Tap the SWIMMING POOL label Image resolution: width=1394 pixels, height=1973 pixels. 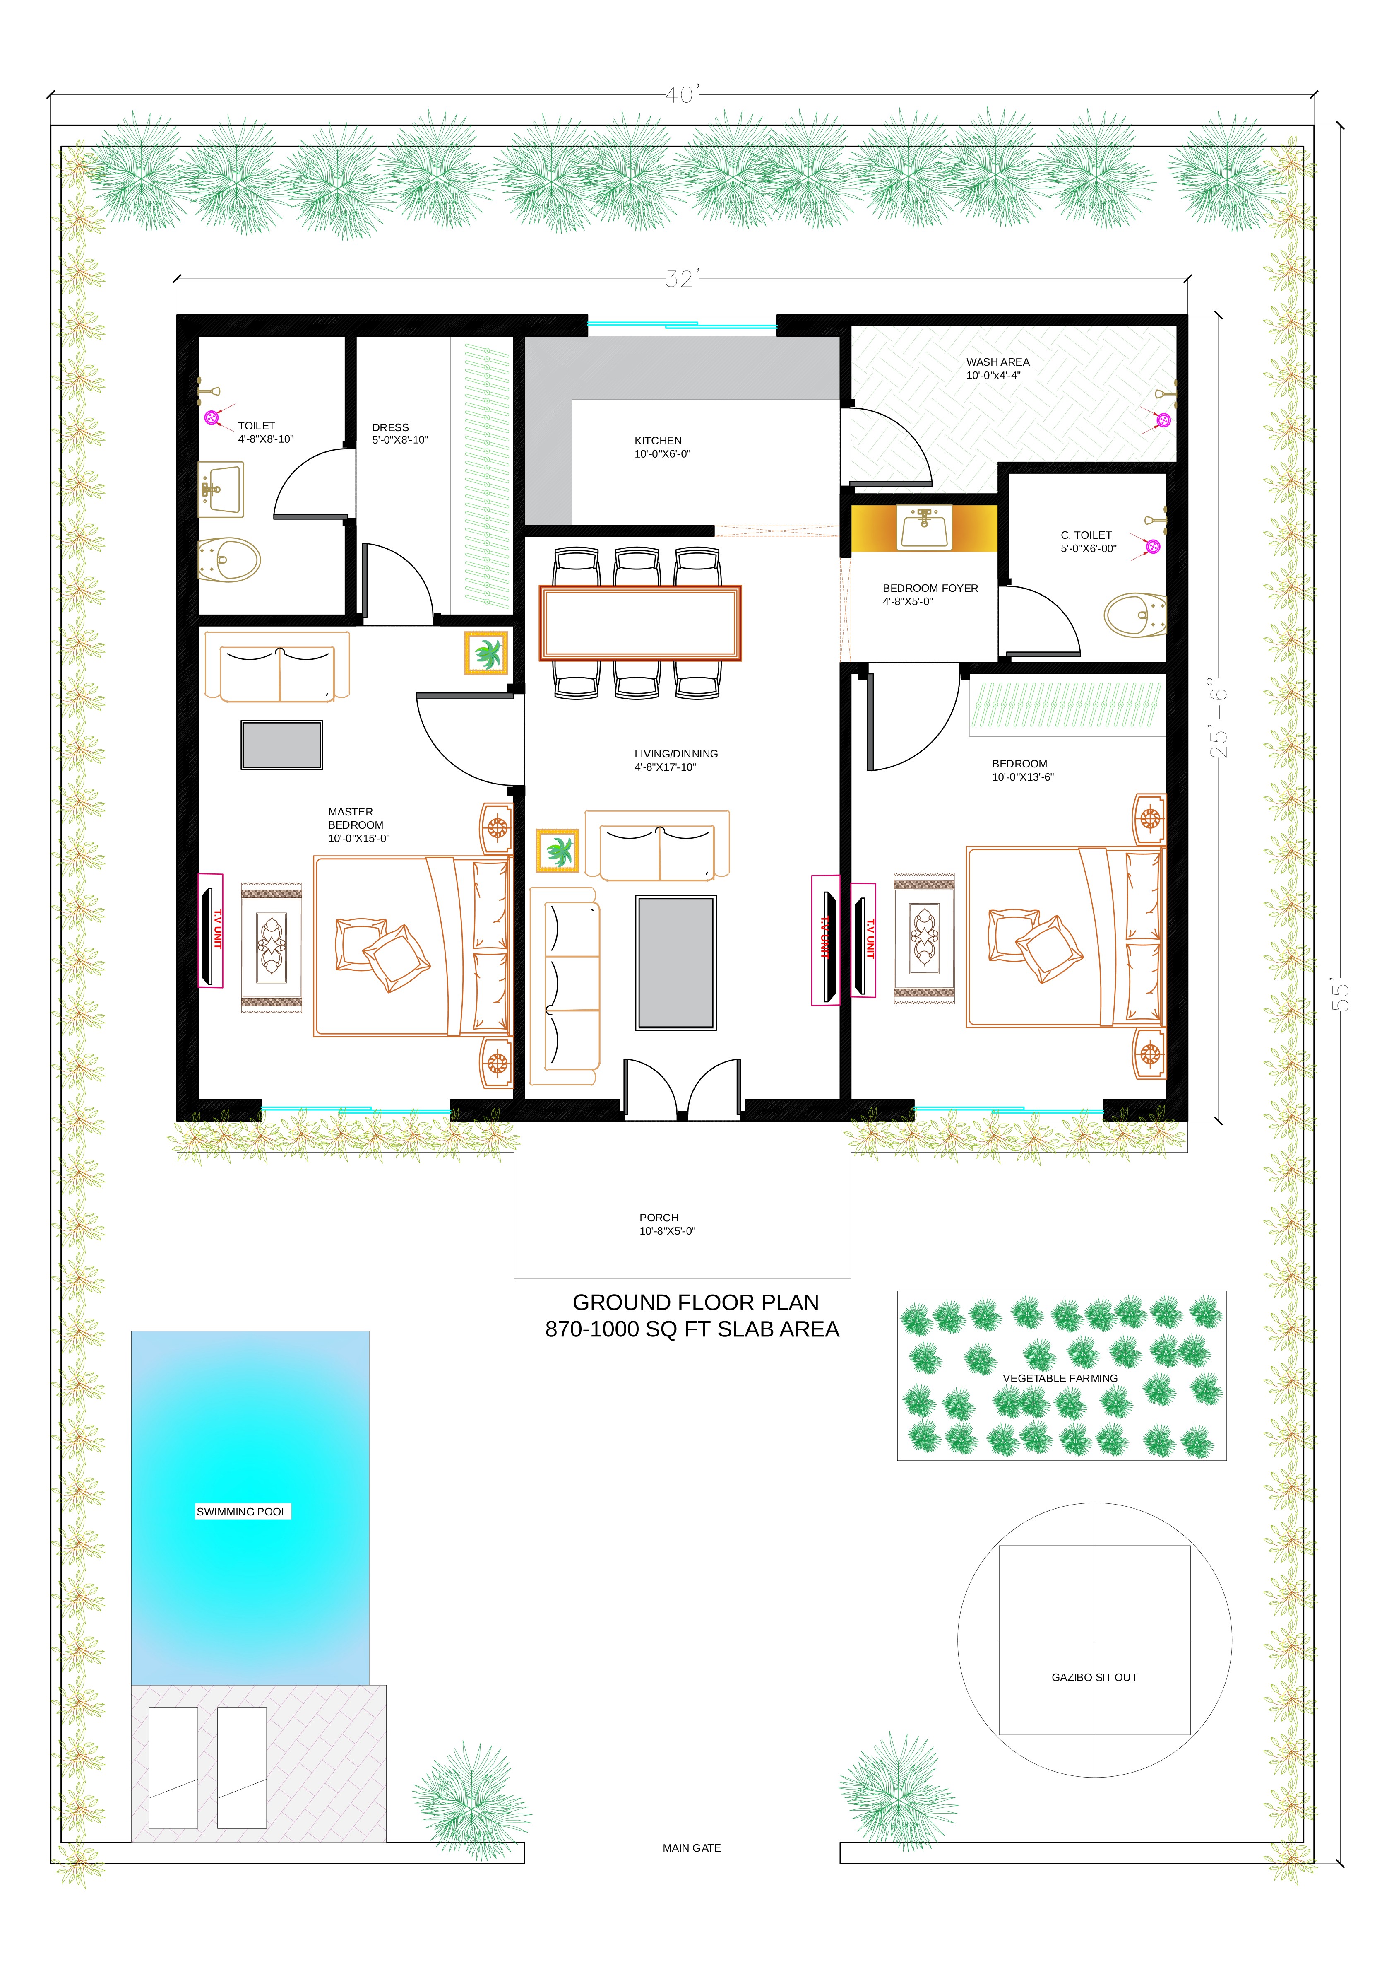pyautogui.click(x=242, y=1512)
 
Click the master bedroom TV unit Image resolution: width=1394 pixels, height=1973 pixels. pyautogui.click(x=210, y=931)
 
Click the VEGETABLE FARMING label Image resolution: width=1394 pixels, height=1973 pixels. pyautogui.click(x=1060, y=1377)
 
